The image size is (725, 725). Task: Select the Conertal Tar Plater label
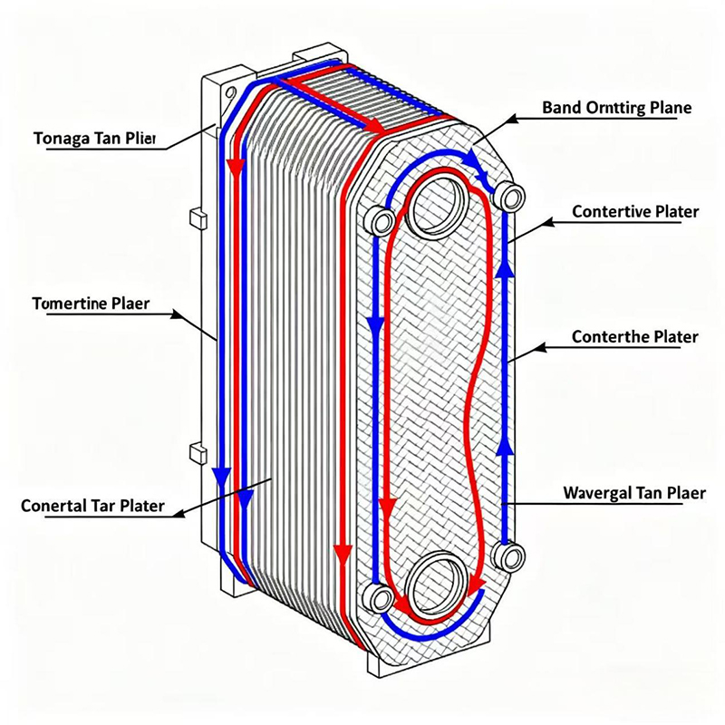click(x=92, y=506)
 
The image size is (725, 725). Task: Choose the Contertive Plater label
click(x=635, y=212)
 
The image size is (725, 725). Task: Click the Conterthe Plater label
click(x=635, y=337)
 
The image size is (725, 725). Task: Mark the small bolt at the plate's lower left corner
click(x=377, y=597)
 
